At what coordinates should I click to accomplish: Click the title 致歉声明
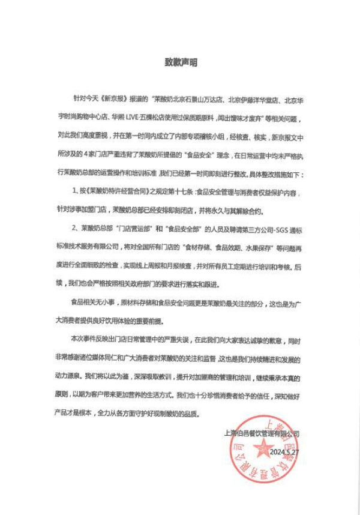(x=181, y=62)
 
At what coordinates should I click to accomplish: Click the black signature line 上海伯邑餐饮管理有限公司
(x=261, y=433)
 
